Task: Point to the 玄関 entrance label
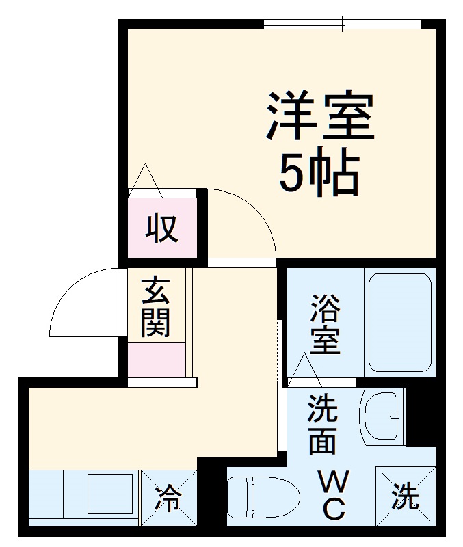pyautogui.click(x=156, y=307)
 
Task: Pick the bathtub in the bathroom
pyautogui.click(x=400, y=322)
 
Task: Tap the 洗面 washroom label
pyautogui.click(x=321, y=425)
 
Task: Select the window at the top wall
pyautogui.click(x=342, y=25)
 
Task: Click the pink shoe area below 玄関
pyautogui.click(x=157, y=359)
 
